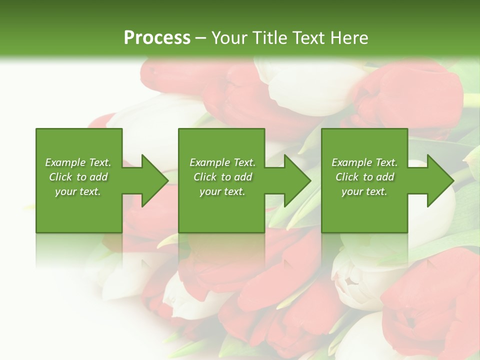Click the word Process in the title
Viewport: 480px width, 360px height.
point(157,38)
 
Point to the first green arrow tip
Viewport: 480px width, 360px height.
point(167,180)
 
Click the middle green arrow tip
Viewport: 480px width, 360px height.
point(309,180)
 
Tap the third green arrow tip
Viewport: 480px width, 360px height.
point(452,180)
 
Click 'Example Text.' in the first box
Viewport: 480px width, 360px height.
point(78,162)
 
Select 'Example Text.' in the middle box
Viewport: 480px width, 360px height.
point(222,162)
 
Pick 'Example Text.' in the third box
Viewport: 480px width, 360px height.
point(364,162)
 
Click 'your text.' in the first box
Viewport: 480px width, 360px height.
point(78,191)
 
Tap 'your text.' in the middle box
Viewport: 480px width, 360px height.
point(222,191)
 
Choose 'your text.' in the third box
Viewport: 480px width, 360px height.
point(364,191)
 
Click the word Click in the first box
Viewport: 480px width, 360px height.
point(60,177)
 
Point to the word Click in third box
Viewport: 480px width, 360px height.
point(347,177)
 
